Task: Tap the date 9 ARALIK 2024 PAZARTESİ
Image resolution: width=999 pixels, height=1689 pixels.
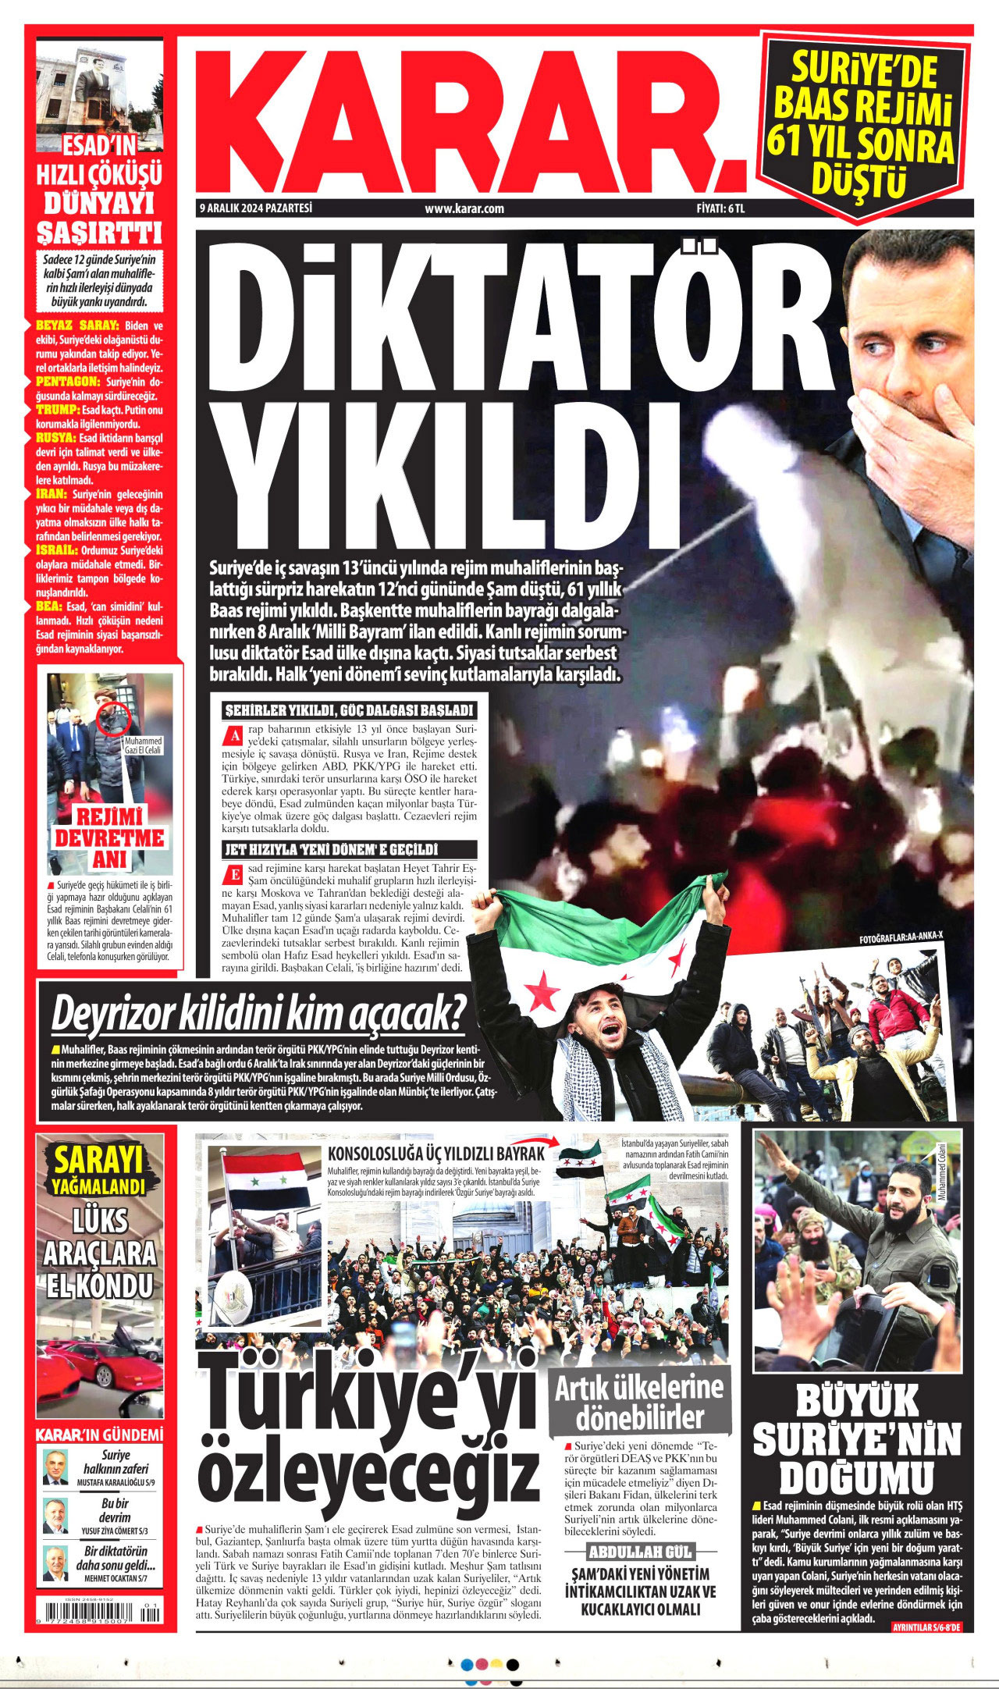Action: (x=256, y=208)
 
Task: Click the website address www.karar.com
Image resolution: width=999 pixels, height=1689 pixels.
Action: (x=464, y=208)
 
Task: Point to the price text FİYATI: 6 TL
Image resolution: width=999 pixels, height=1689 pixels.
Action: (x=721, y=208)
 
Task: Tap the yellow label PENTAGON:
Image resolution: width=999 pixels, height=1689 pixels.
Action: (x=68, y=382)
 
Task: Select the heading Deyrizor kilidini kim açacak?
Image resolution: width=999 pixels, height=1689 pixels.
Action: (x=258, y=1014)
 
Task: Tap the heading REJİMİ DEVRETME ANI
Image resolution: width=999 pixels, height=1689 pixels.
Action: (x=108, y=837)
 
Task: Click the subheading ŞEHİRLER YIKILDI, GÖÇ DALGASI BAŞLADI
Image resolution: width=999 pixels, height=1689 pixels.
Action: (x=349, y=710)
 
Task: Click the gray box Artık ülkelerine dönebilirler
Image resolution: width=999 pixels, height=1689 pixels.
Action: (x=639, y=1401)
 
